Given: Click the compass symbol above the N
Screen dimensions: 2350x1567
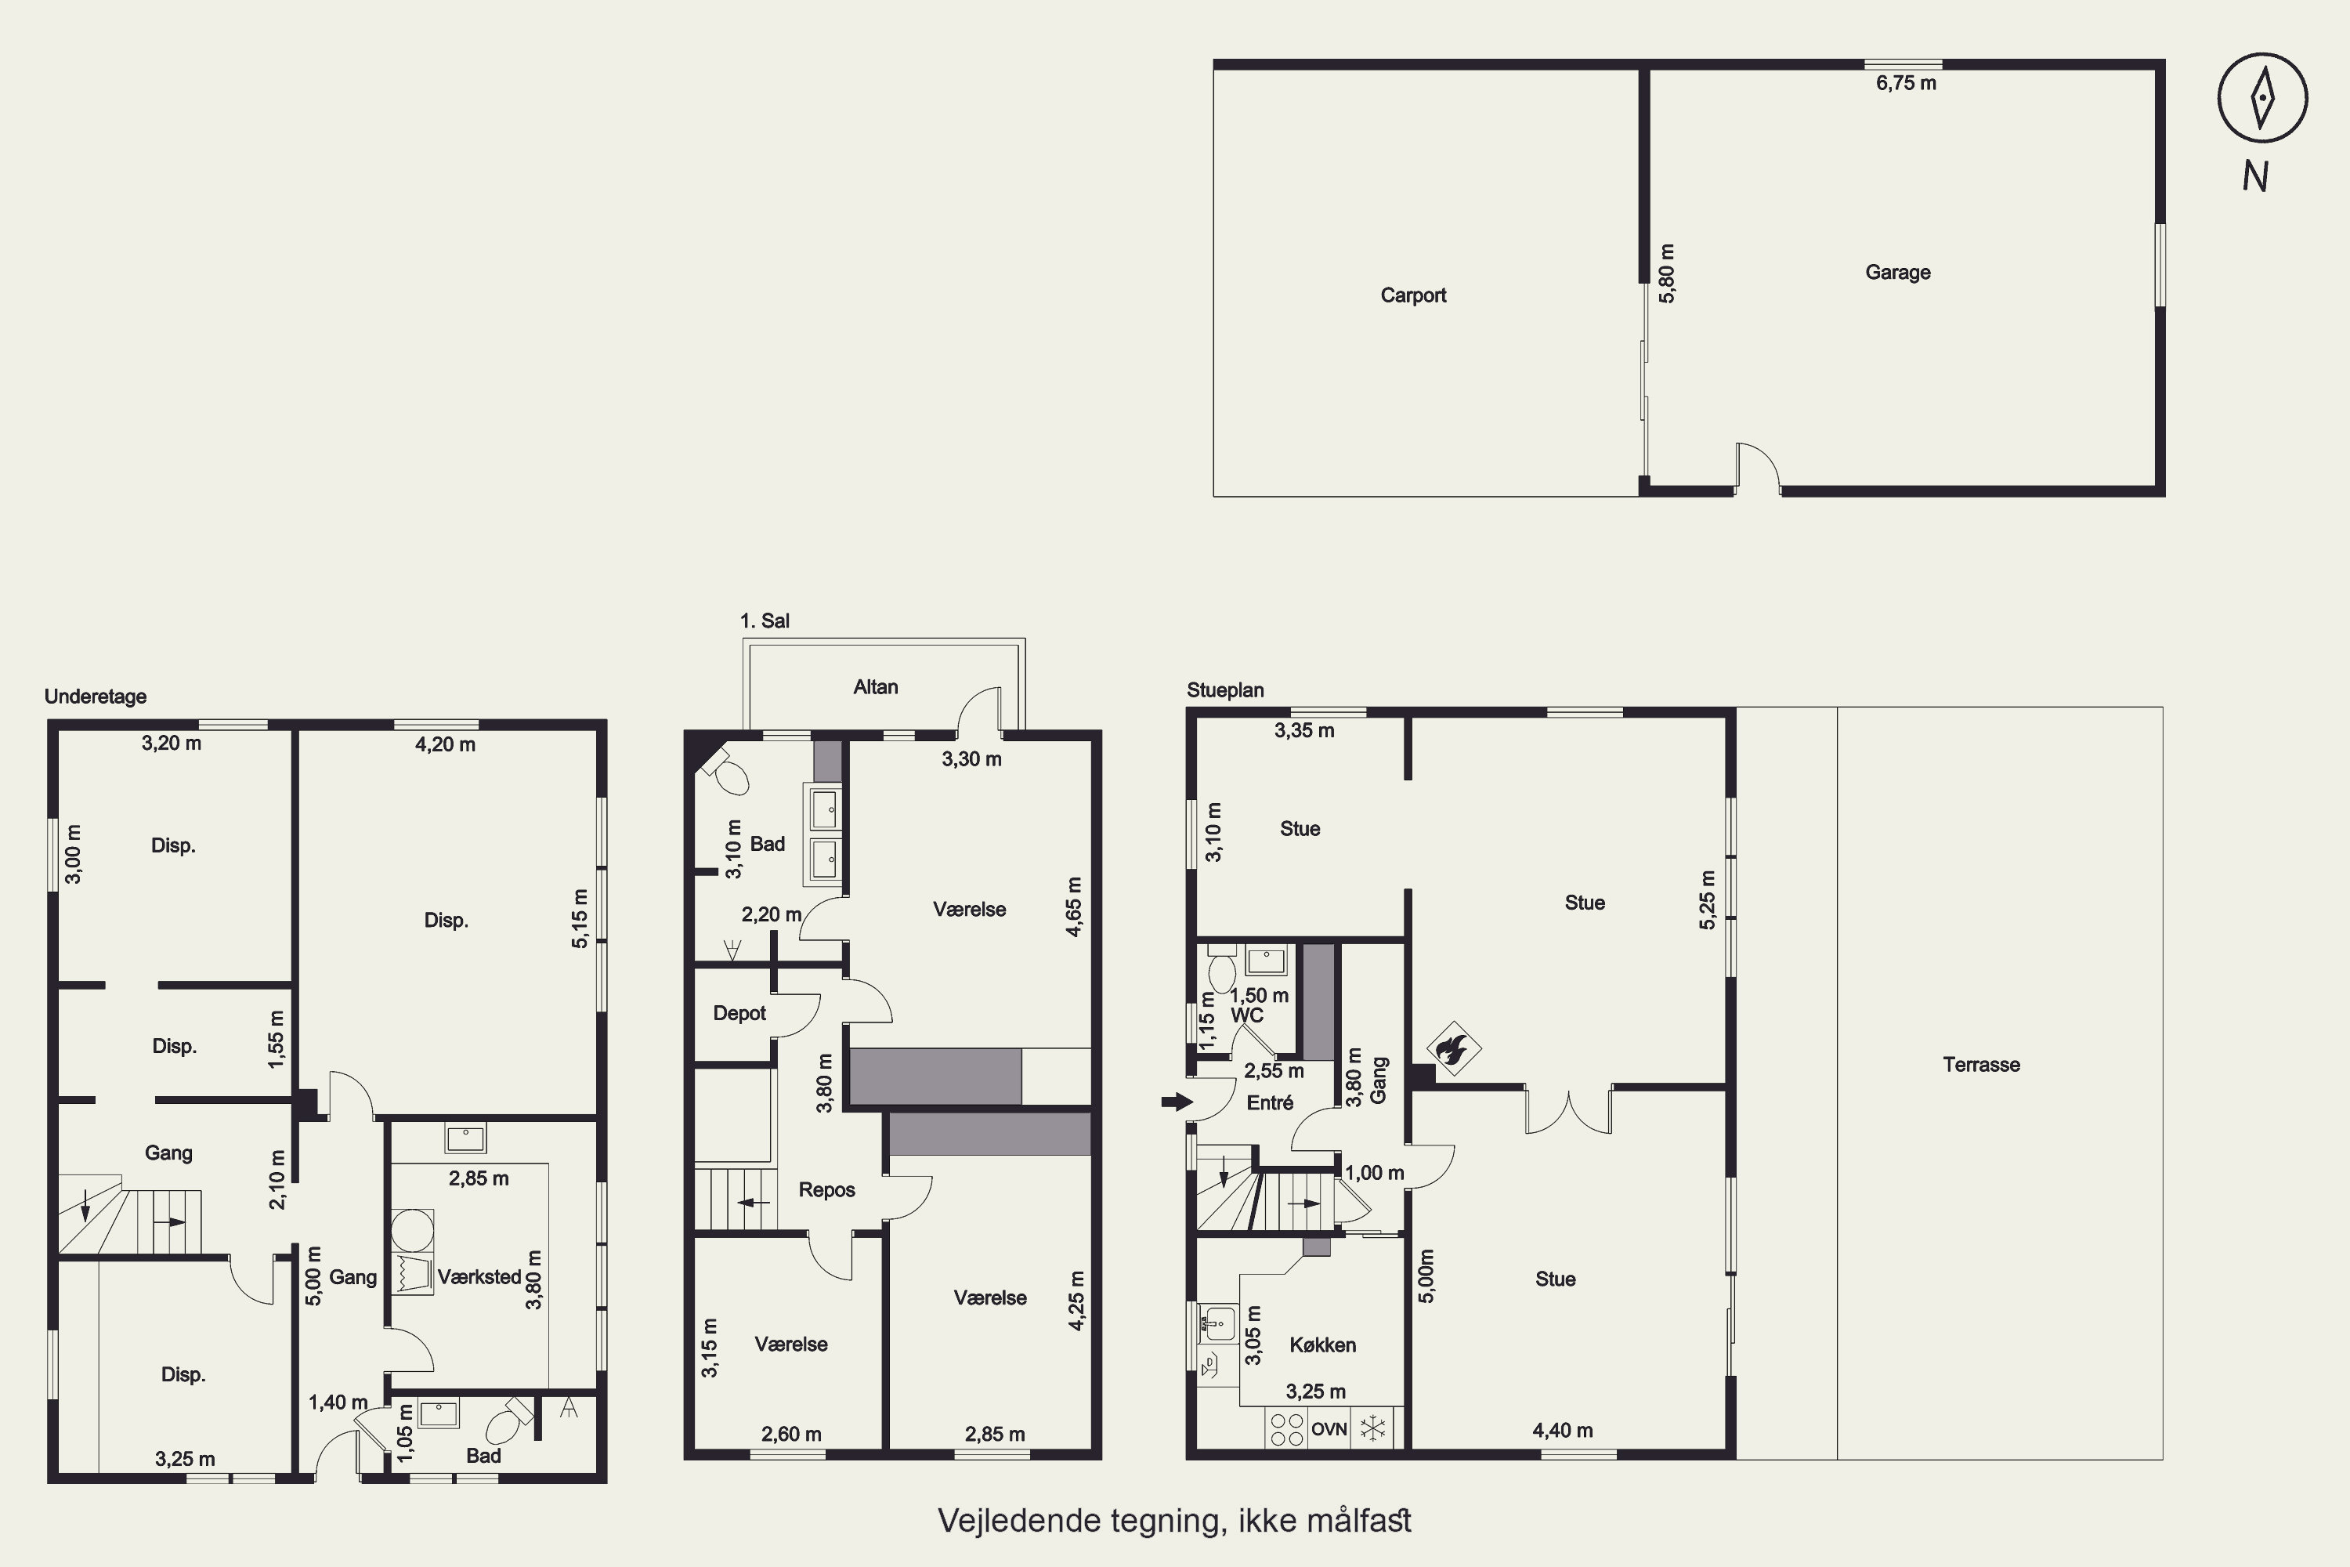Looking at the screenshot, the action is coord(2262,98).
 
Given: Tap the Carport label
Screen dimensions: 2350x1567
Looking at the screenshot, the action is coord(1413,295).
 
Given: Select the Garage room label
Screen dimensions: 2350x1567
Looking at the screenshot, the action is coord(1897,272).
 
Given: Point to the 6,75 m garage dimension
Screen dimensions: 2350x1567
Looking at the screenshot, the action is coord(1905,83).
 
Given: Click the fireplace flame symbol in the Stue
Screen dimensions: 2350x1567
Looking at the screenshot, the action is coord(1453,1048).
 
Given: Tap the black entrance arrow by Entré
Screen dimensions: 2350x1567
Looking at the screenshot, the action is coord(1177,1102).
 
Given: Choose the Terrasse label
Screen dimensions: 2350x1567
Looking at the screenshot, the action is coord(1981,1064).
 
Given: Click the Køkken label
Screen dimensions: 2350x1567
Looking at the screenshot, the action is coord(1322,1345).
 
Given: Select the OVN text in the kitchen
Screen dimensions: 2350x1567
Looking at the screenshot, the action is coord(1329,1429).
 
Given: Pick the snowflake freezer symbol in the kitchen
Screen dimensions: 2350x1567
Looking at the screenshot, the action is coord(1373,1429).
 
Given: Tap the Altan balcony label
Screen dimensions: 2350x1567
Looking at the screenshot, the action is coord(875,686).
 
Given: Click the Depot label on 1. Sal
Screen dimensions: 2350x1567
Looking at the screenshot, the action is coord(739,1012).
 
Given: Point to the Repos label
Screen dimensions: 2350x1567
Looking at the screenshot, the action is coord(826,1189).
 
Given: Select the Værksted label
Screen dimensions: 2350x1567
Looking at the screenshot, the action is coord(479,1277).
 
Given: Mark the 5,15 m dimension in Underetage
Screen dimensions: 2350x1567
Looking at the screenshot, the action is coord(580,918).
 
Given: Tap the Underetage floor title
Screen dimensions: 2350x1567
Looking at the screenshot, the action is coord(95,697).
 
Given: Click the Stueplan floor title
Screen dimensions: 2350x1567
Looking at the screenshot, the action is coord(1225,689).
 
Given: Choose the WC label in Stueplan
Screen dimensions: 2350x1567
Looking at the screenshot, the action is coord(1247,1015).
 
